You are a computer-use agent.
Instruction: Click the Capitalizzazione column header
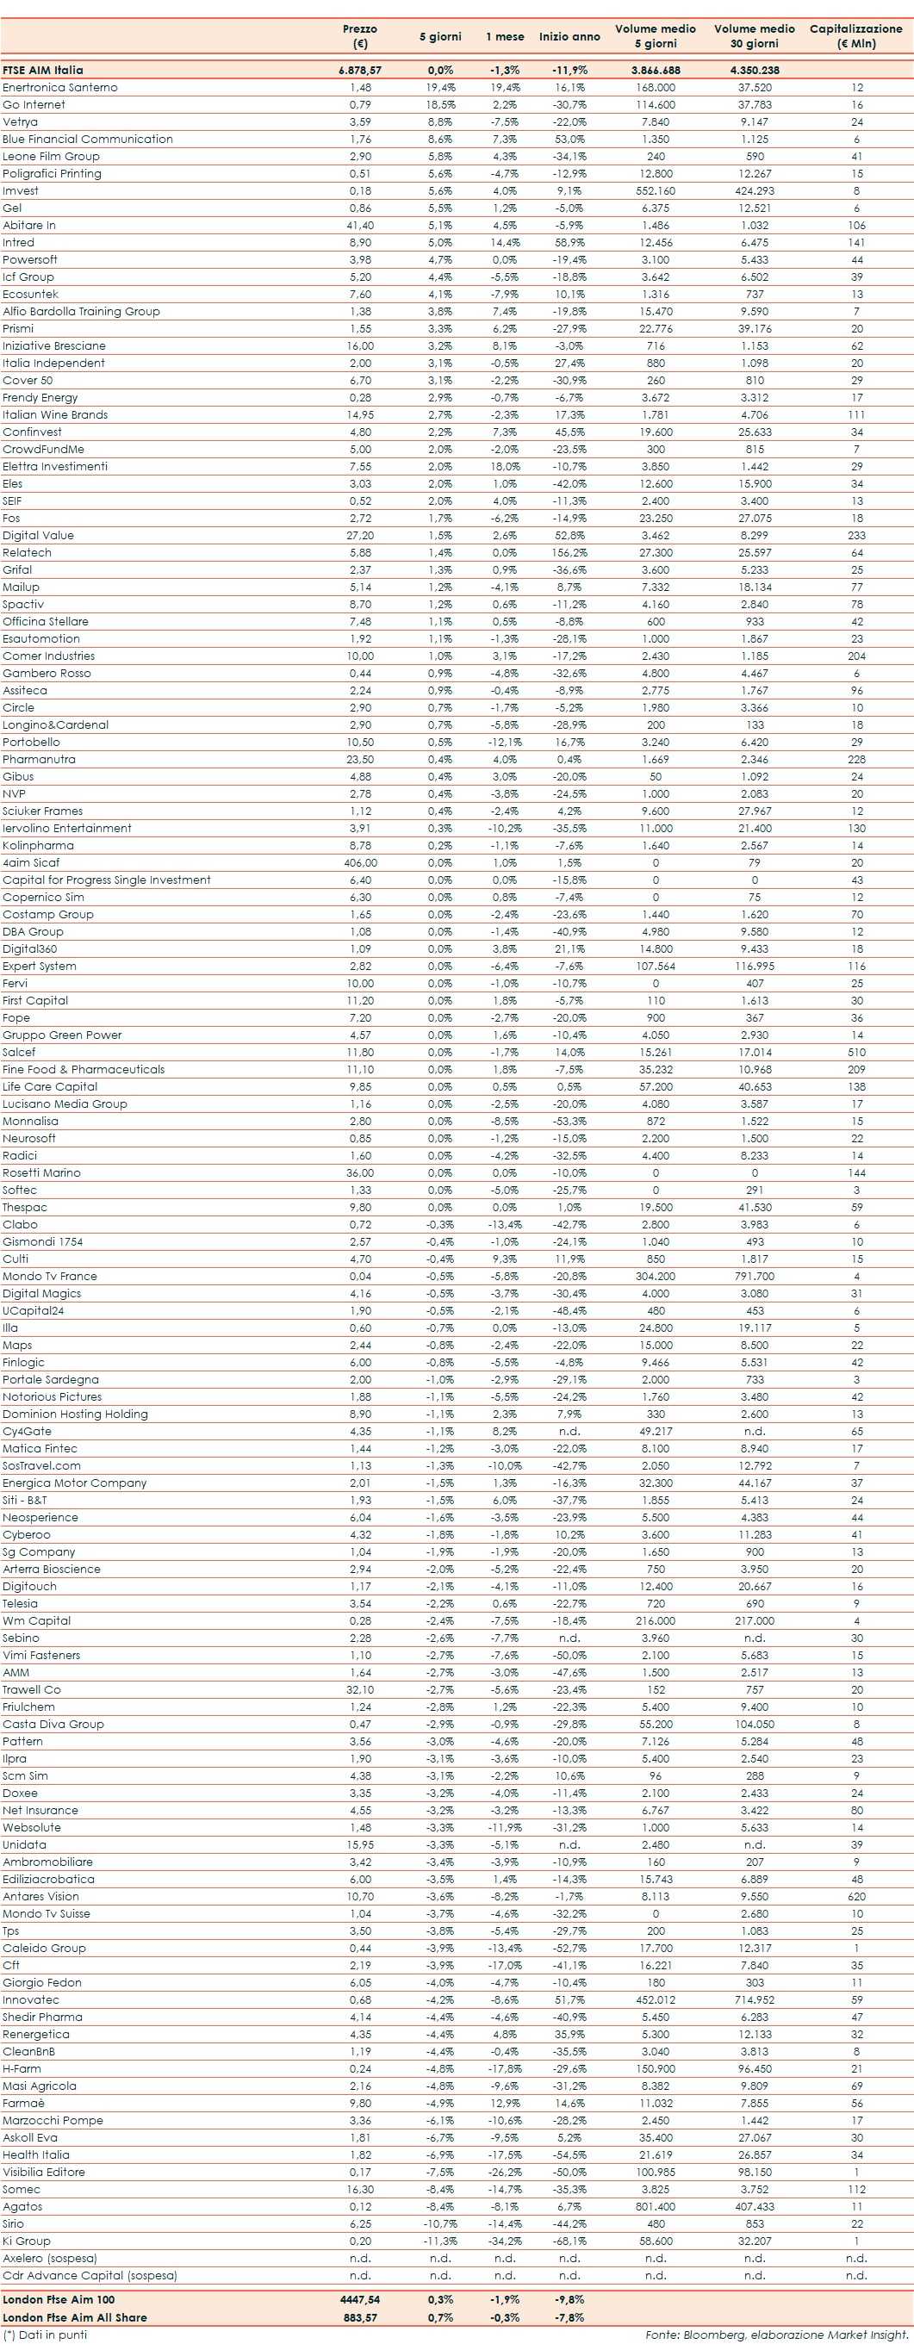[x=855, y=35]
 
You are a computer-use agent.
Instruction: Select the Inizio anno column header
[x=569, y=36]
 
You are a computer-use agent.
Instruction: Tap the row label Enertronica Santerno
[x=60, y=87]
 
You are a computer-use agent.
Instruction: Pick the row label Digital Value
[x=38, y=536]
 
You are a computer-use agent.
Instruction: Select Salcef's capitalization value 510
[x=855, y=1053]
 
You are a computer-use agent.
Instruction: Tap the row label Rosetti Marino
[x=42, y=1173]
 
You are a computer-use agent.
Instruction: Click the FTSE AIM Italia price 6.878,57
[x=360, y=70]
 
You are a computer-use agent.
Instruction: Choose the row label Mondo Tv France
[x=50, y=1277]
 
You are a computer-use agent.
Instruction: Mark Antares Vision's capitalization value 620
[x=855, y=1897]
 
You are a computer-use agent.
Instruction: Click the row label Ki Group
[x=27, y=2241]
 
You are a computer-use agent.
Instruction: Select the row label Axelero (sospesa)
[x=50, y=2259]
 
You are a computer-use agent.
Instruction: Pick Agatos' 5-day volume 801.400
[x=656, y=2208]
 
